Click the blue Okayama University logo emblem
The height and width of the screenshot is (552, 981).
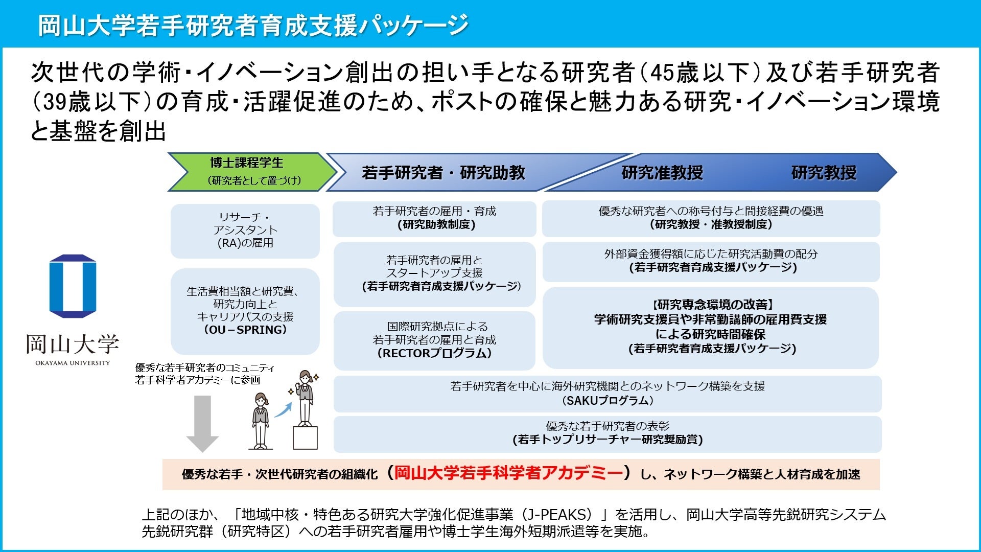pyautogui.click(x=73, y=286)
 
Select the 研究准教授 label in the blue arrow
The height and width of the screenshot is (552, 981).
pyautogui.click(x=662, y=173)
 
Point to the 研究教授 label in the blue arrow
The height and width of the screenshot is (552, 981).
pyautogui.click(x=824, y=173)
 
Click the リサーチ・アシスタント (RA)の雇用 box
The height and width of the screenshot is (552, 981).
pyautogui.click(x=245, y=231)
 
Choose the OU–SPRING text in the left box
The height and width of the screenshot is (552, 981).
pyautogui.click(x=245, y=330)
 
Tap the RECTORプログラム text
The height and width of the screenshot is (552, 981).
pyautogui.click(x=434, y=353)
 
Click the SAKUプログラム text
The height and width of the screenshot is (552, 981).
pyautogui.click(x=608, y=401)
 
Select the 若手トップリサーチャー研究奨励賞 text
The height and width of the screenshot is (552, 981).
pyautogui.click(x=608, y=440)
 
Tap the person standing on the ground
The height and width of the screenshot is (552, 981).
pyautogui.click(x=261, y=420)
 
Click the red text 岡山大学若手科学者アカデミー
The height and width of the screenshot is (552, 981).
pyautogui.click(x=509, y=473)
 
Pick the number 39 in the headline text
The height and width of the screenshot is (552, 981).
pyautogui.click(x=55, y=102)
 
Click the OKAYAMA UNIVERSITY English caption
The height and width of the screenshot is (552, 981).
pyautogui.click(x=73, y=363)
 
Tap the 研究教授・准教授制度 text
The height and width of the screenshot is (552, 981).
pyautogui.click(x=711, y=224)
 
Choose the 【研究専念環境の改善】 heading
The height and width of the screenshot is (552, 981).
pyautogui.click(x=711, y=305)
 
